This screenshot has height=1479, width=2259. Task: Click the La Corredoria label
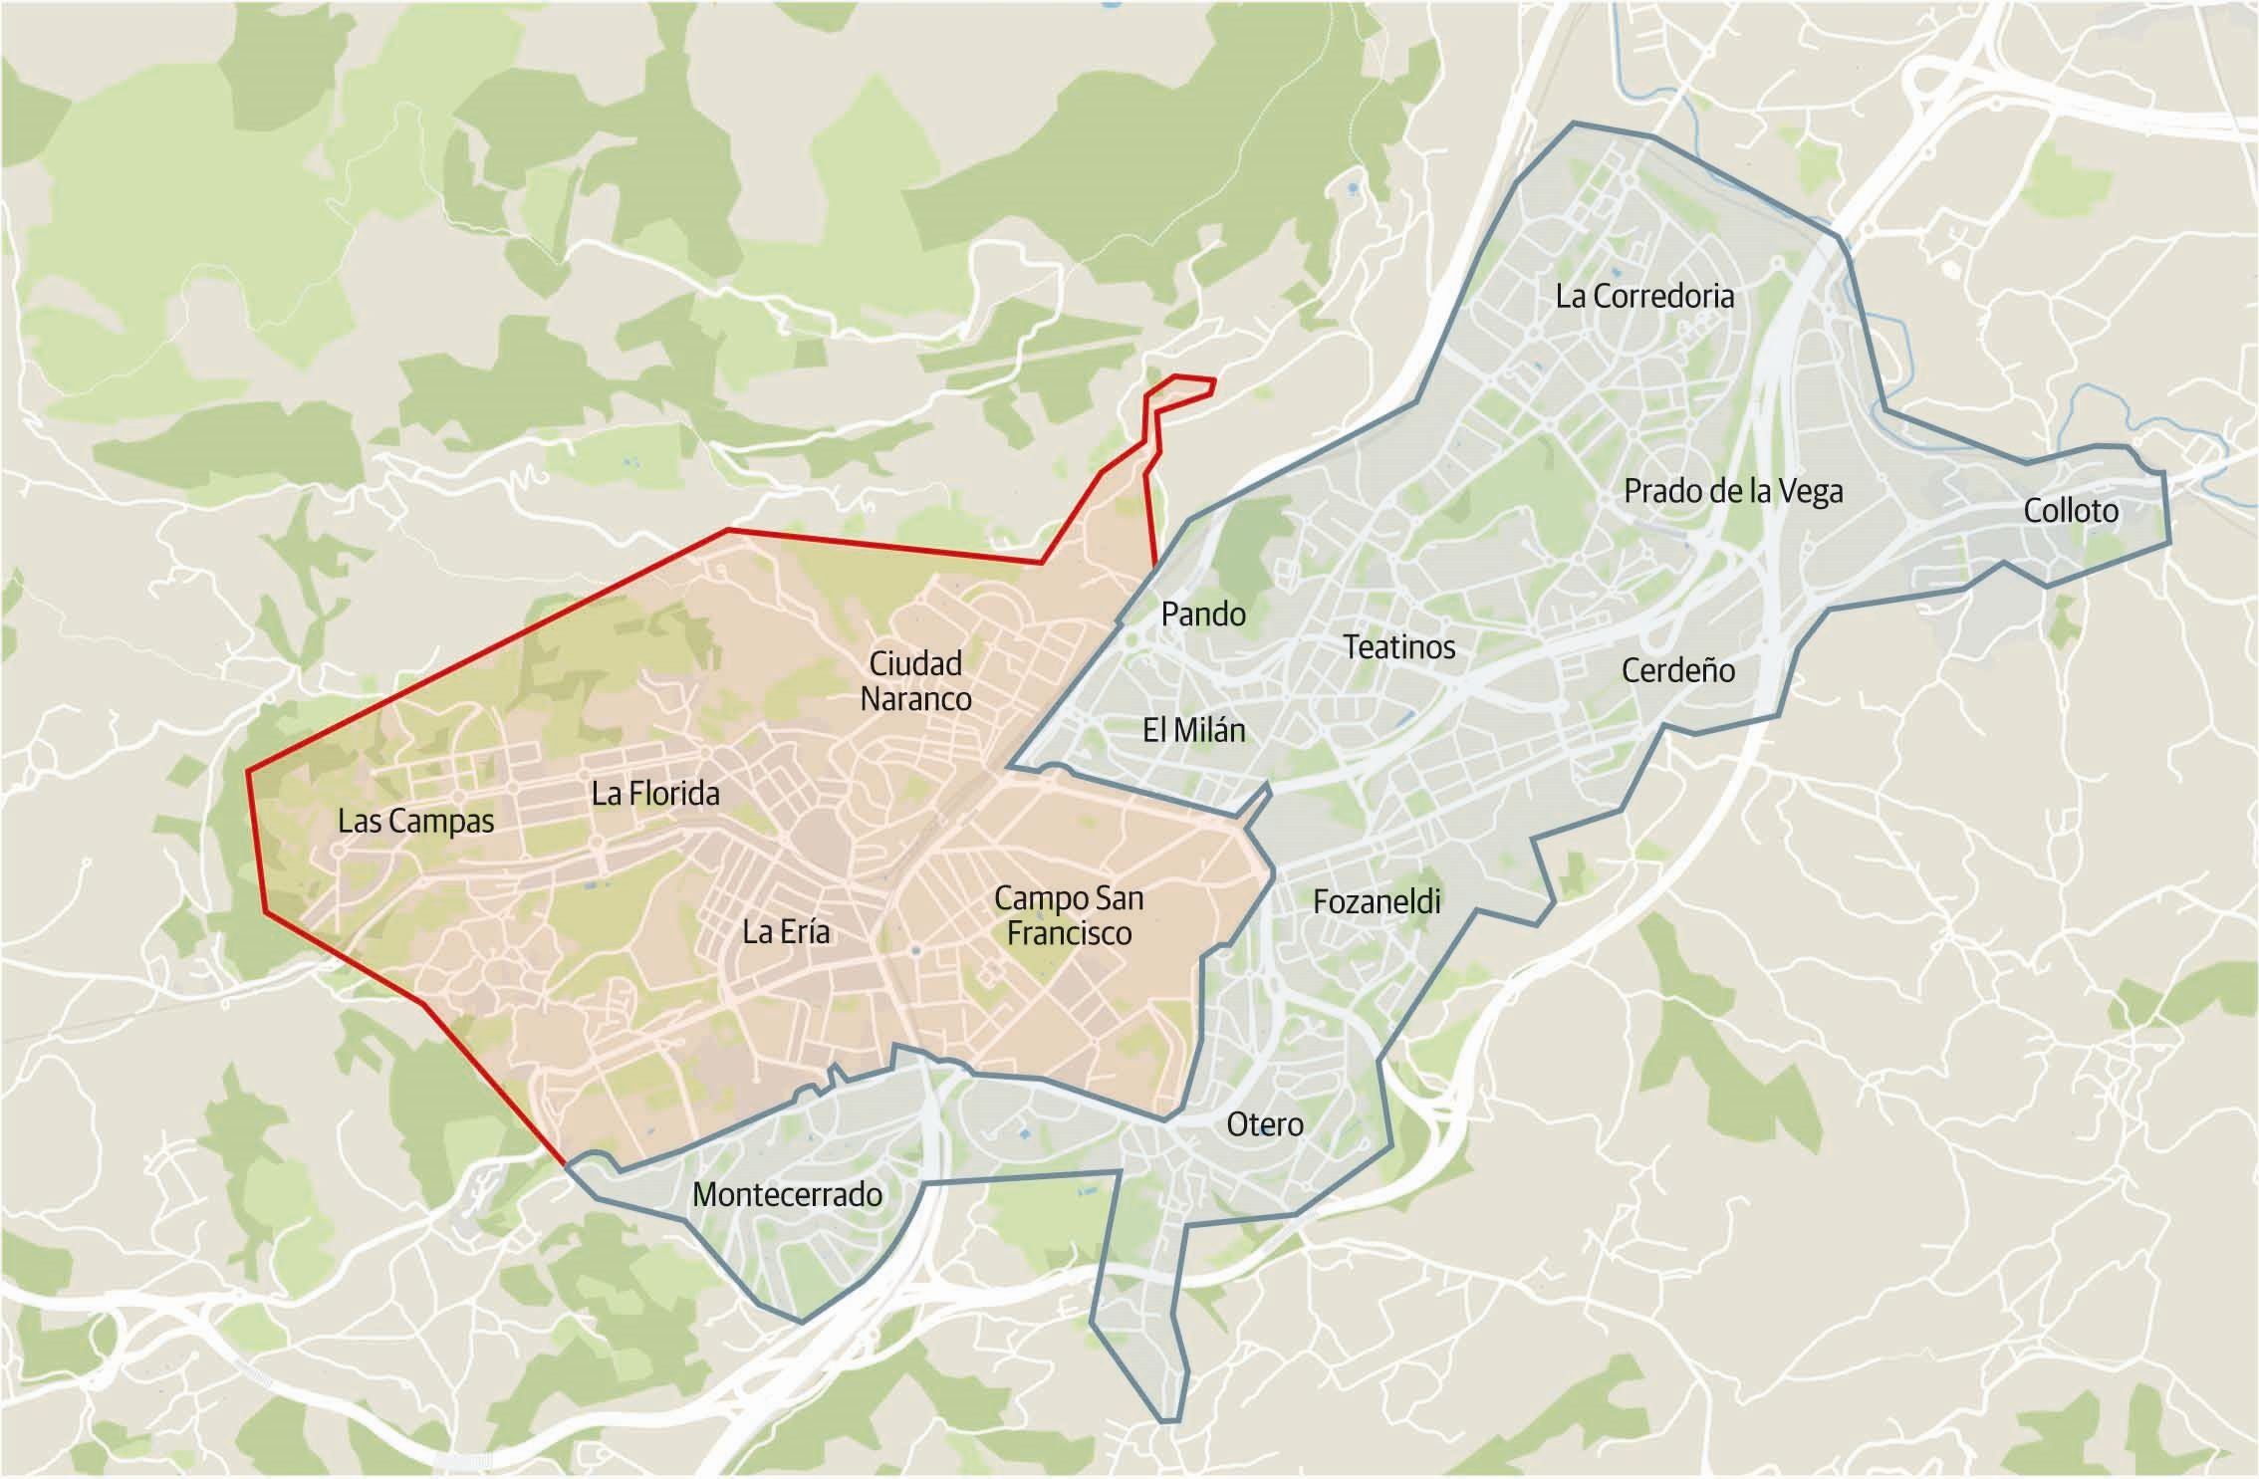(x=1644, y=296)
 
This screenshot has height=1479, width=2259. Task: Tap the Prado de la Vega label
(x=1733, y=491)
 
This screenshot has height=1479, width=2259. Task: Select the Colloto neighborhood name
(x=2071, y=511)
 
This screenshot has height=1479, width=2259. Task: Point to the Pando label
(x=1203, y=614)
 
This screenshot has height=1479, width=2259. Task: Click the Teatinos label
(x=1398, y=647)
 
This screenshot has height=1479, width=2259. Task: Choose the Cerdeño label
(x=1678, y=670)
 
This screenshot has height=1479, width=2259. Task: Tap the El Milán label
(x=1193, y=730)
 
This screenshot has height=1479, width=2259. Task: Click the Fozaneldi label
(x=1377, y=901)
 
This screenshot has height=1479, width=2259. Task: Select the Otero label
(x=1265, y=1124)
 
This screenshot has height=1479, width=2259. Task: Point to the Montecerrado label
(x=787, y=1194)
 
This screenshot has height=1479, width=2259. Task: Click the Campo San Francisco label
(x=1069, y=915)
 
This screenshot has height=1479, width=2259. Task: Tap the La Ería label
(x=786, y=932)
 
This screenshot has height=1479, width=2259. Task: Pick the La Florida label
(x=655, y=794)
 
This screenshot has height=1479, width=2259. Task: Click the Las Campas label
(x=415, y=822)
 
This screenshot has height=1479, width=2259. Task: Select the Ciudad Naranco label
(x=915, y=681)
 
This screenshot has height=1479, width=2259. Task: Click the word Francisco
(x=1069, y=934)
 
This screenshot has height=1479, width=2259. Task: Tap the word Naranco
(x=915, y=699)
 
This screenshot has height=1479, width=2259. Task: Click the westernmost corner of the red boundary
(x=247, y=771)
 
